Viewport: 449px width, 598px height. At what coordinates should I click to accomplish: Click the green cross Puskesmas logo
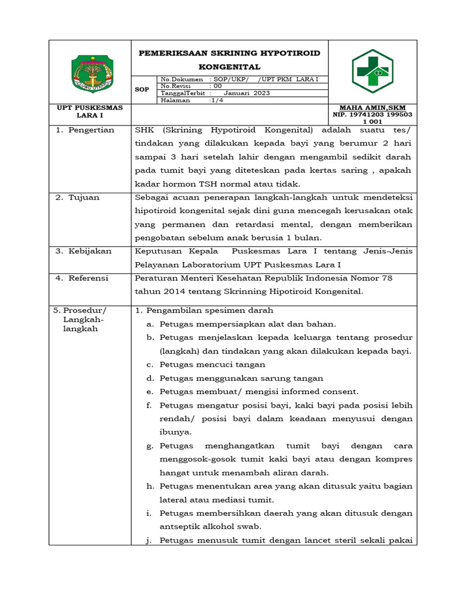372,71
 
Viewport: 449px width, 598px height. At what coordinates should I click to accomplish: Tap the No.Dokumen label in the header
182,79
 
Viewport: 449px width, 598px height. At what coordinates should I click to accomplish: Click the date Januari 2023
247,93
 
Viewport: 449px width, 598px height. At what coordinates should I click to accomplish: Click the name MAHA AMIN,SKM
372,108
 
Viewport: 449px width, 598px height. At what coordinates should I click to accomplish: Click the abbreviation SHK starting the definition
144,130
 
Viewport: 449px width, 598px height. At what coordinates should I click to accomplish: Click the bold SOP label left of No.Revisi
142,89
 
